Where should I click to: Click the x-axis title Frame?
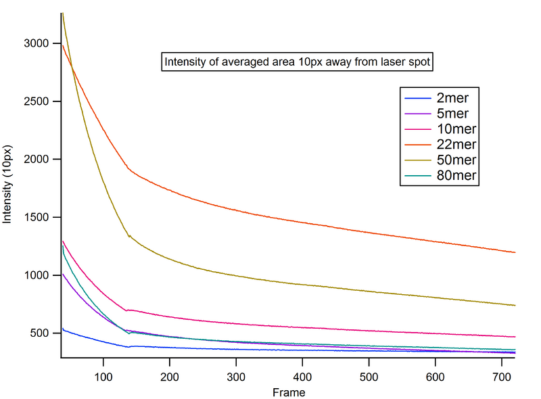click(x=289, y=392)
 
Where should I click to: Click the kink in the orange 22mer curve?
click(x=127, y=167)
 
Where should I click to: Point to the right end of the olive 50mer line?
click(x=515, y=305)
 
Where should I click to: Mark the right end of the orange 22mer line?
click(x=515, y=252)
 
